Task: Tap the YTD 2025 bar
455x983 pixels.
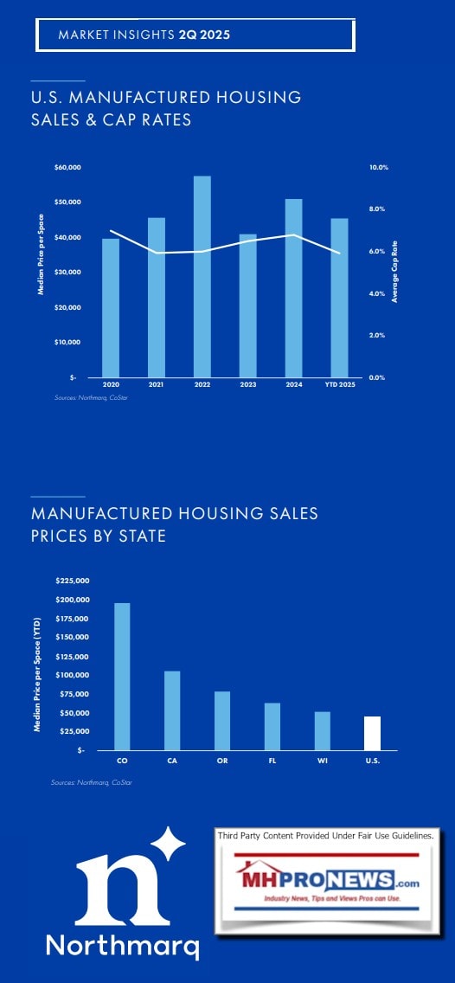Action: click(x=340, y=297)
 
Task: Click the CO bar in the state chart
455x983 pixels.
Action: click(x=122, y=676)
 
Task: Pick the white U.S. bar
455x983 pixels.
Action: click(x=372, y=733)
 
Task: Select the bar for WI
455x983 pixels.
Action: click(x=322, y=730)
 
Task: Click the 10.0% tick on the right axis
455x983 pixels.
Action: click(x=378, y=167)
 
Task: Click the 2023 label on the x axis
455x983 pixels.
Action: click(x=247, y=383)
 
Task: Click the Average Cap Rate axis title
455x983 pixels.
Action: click(x=394, y=272)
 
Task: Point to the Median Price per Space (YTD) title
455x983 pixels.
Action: click(x=37, y=666)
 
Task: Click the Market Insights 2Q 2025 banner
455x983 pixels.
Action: click(x=195, y=35)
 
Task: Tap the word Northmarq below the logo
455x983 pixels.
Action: click(x=123, y=943)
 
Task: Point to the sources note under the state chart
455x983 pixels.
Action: click(x=90, y=782)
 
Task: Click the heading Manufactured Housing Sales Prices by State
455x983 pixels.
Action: click(x=174, y=524)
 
